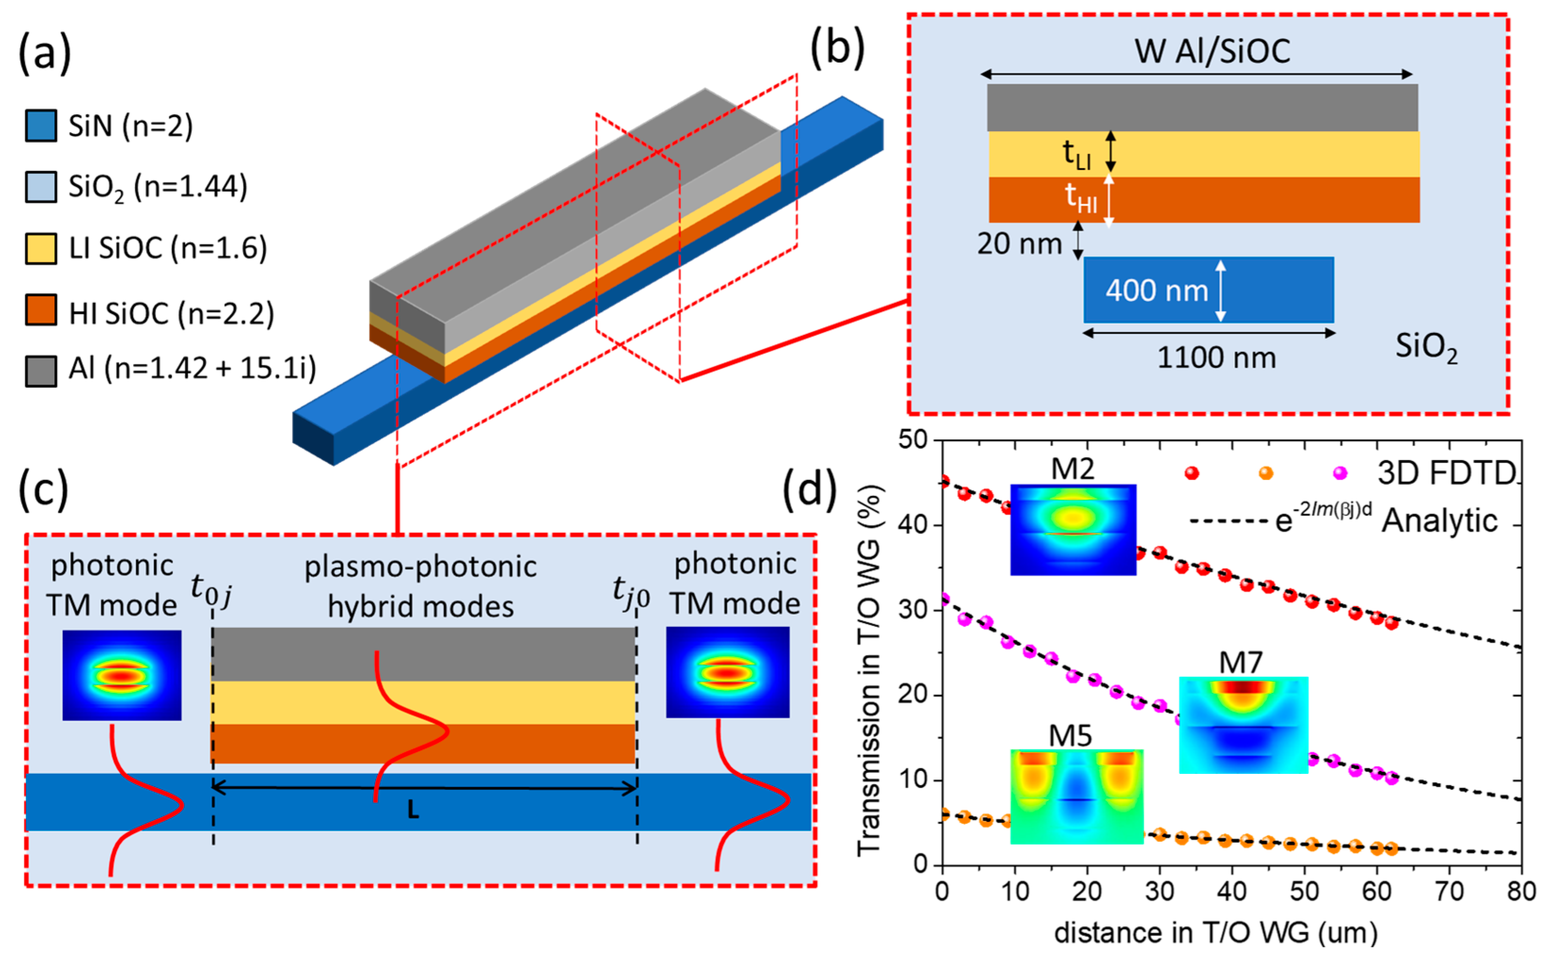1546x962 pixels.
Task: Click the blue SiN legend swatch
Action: [41, 125]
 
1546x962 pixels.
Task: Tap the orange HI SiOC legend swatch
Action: [41, 310]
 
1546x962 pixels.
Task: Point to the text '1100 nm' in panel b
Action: [1216, 358]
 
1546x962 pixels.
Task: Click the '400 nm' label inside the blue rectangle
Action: [1156, 291]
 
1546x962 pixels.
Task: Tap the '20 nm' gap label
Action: [1019, 244]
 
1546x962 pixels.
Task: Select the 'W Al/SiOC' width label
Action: [1212, 51]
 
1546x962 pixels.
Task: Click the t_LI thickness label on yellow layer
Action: [1076, 154]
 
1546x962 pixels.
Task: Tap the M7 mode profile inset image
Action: [1243, 725]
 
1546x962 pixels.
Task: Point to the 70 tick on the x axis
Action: [1449, 891]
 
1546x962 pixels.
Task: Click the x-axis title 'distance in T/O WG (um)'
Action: [1216, 933]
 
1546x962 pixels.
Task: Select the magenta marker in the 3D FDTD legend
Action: [1340, 473]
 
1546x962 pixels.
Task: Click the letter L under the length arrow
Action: [413, 810]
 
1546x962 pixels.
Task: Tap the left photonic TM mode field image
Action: [121, 675]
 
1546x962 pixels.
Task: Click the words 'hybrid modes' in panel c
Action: [421, 606]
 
